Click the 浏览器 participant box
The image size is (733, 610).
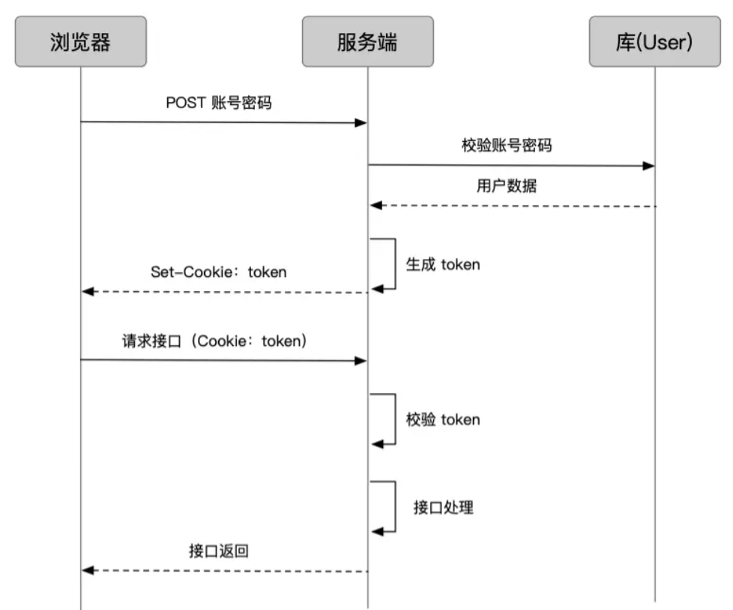point(80,41)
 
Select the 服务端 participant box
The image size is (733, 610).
point(367,41)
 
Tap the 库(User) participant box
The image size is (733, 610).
point(654,41)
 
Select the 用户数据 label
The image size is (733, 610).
point(507,186)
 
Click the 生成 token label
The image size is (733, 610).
point(442,264)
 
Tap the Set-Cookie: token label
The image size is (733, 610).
point(218,272)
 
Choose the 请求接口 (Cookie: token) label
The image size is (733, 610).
point(215,341)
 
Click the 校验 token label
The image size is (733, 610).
point(442,419)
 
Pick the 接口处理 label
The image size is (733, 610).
point(443,507)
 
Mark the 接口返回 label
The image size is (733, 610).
point(218,551)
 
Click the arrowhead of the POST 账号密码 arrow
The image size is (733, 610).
point(361,122)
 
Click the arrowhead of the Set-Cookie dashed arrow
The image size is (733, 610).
point(88,292)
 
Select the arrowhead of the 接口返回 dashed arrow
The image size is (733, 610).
point(88,571)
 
